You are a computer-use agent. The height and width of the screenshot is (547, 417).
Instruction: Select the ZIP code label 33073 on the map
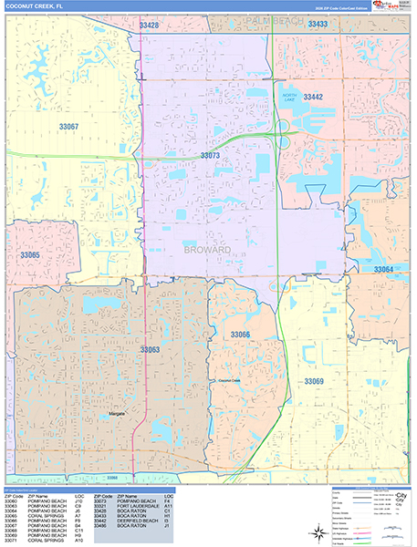coord(211,157)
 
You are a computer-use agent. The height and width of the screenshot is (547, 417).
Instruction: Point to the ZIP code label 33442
coord(313,97)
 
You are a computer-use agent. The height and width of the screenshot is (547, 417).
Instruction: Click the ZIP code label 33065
coord(31,255)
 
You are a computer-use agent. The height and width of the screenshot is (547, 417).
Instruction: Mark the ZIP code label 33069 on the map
coord(314,380)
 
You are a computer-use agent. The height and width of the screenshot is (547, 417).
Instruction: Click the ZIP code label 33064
coord(383,270)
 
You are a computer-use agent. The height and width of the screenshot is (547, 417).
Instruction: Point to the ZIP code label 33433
coord(318,25)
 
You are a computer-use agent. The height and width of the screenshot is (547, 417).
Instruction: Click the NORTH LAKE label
coord(290,98)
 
